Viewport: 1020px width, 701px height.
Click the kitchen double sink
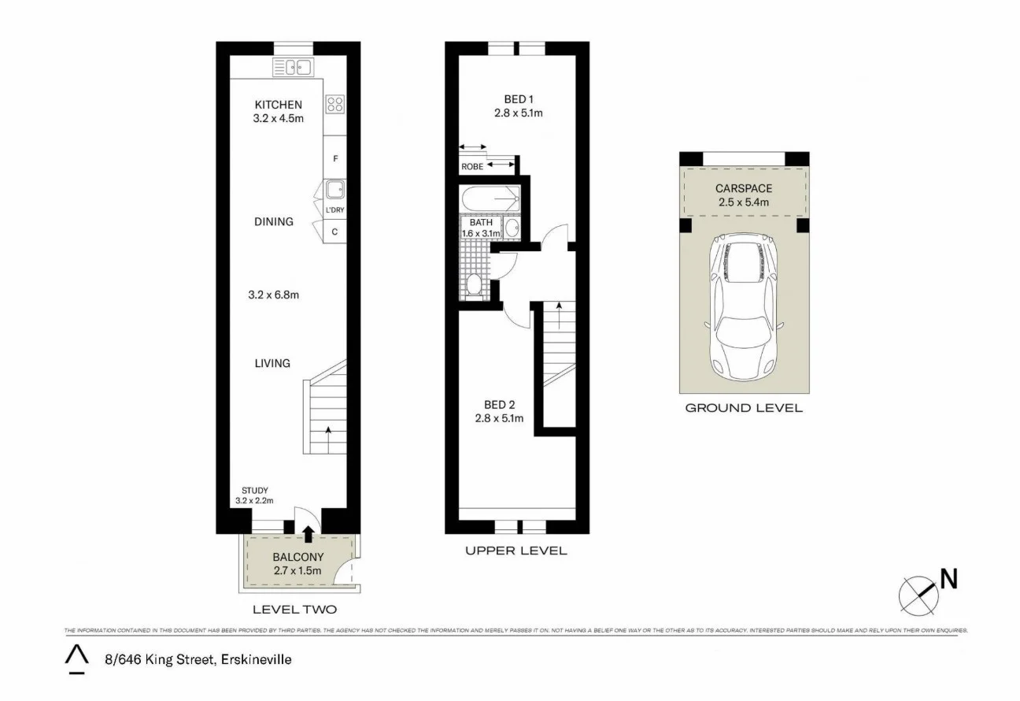(294, 68)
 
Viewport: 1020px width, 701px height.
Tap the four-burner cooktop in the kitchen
(334, 105)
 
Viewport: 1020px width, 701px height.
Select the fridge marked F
(335, 158)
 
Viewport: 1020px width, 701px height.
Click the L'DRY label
(335, 210)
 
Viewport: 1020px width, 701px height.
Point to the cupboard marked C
(335, 232)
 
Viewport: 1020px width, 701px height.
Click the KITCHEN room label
(278, 105)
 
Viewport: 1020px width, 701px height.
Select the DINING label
(273, 221)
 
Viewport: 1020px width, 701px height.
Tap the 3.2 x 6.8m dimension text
(273, 295)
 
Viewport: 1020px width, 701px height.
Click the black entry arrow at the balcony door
(308, 535)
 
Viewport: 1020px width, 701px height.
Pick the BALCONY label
(294, 558)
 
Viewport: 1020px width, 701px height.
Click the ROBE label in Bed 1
(472, 167)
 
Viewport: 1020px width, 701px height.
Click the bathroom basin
(512, 228)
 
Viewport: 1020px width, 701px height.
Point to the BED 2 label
(500, 405)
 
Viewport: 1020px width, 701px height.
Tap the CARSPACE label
(743, 188)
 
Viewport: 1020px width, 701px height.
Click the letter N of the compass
(949, 579)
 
